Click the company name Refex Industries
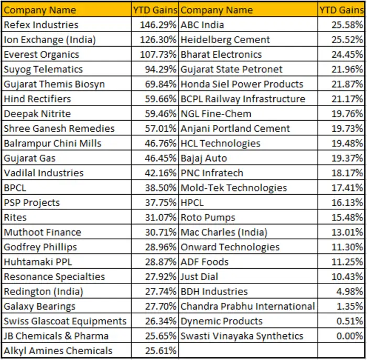click(x=41, y=25)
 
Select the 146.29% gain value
click(x=158, y=25)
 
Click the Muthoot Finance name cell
click(x=42, y=232)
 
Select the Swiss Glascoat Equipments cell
click(x=65, y=321)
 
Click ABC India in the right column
click(x=202, y=25)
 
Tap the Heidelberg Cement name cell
click(x=225, y=39)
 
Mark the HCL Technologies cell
click(x=220, y=143)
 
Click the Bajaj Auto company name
click(x=203, y=158)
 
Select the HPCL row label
click(x=192, y=203)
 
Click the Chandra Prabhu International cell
click(x=247, y=306)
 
